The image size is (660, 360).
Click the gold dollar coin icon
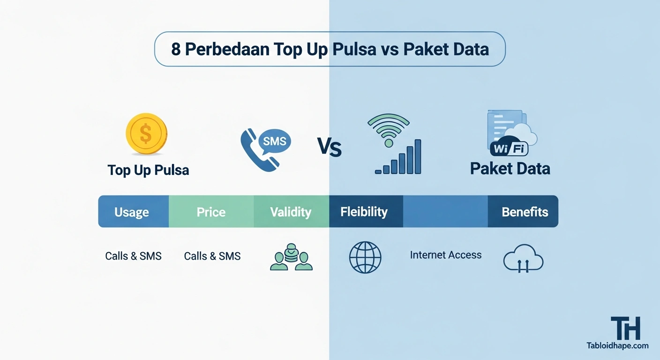pyautogui.click(x=146, y=134)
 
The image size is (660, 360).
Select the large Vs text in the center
pyautogui.click(x=329, y=147)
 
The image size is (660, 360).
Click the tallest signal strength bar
pyautogui.click(x=417, y=156)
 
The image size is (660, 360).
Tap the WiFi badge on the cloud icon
pyautogui.click(x=509, y=150)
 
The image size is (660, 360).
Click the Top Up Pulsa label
pyautogui.click(x=148, y=170)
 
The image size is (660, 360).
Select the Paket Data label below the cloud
pyautogui.click(x=510, y=169)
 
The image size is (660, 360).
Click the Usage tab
pyautogui.click(x=132, y=212)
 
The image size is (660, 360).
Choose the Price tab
pyautogui.click(x=211, y=212)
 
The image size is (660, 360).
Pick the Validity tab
pyautogui.click(x=291, y=212)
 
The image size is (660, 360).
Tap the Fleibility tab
pyautogui.click(x=364, y=212)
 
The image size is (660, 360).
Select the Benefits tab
pyautogui.click(x=525, y=212)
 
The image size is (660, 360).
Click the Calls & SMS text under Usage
pyautogui.click(x=133, y=256)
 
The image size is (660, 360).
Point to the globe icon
pyautogui.click(x=365, y=257)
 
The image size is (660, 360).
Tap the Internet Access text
pyautogui.click(x=445, y=255)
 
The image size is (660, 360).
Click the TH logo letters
pyautogui.click(x=625, y=328)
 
